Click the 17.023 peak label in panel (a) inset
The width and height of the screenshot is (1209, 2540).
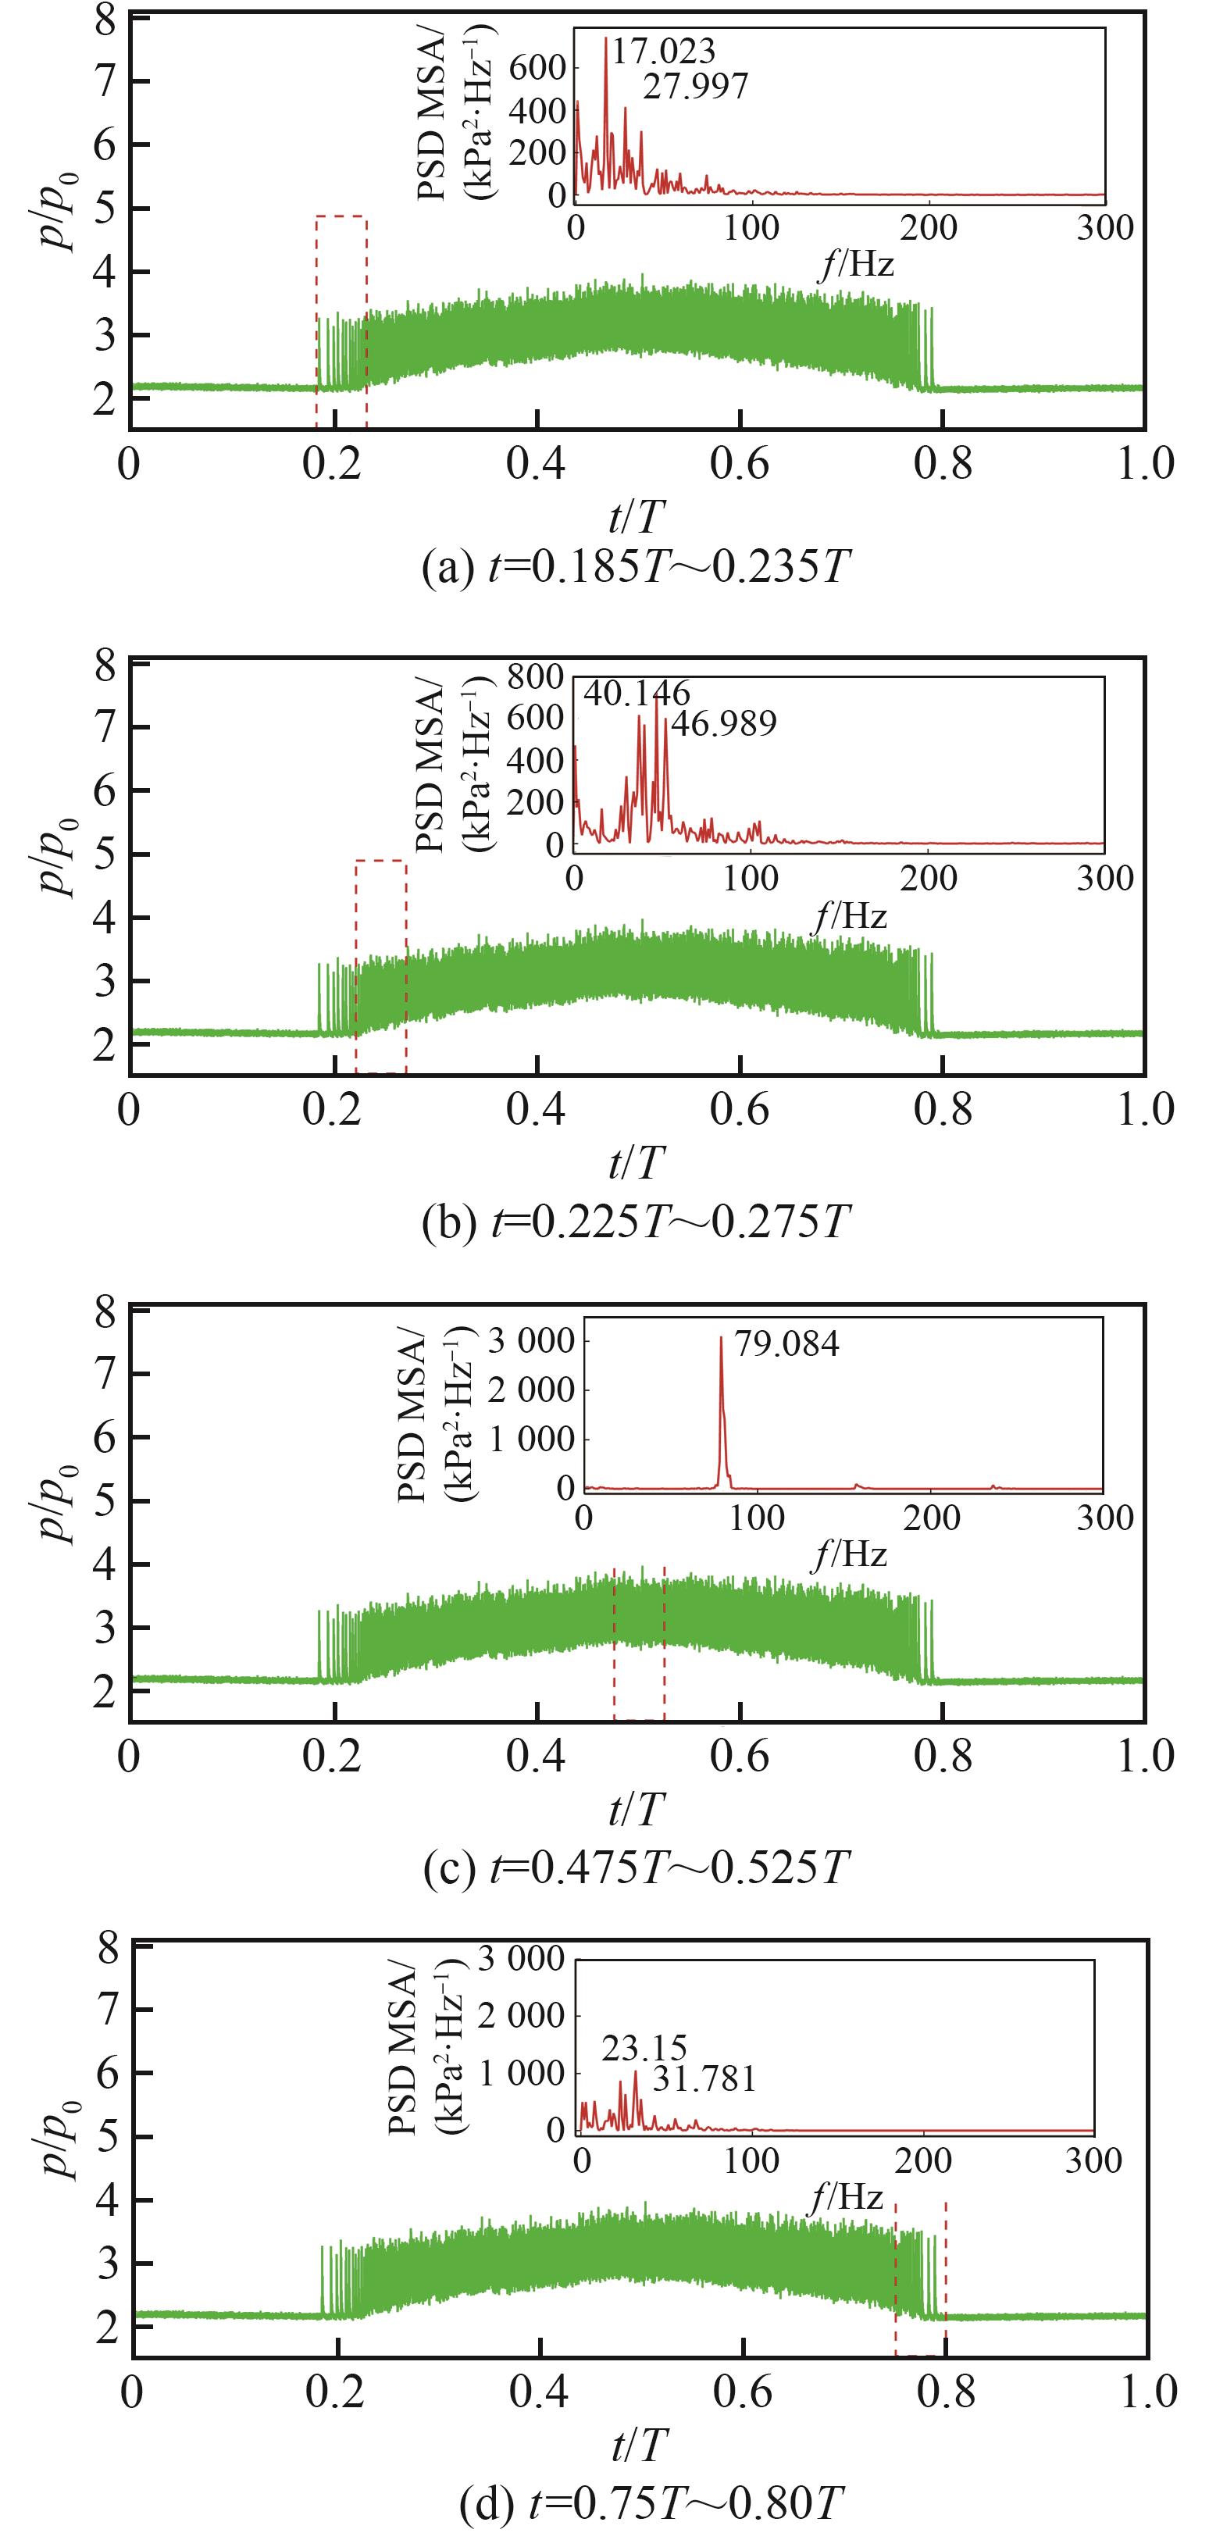pos(662,52)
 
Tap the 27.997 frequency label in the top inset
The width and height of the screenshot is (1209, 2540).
pos(695,87)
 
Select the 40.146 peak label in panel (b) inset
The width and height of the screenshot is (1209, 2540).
pos(636,693)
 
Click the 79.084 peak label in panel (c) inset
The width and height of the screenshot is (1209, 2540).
pos(787,1344)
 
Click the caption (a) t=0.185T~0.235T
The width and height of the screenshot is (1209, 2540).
pos(635,569)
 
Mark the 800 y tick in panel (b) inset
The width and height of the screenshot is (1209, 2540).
pos(537,676)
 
